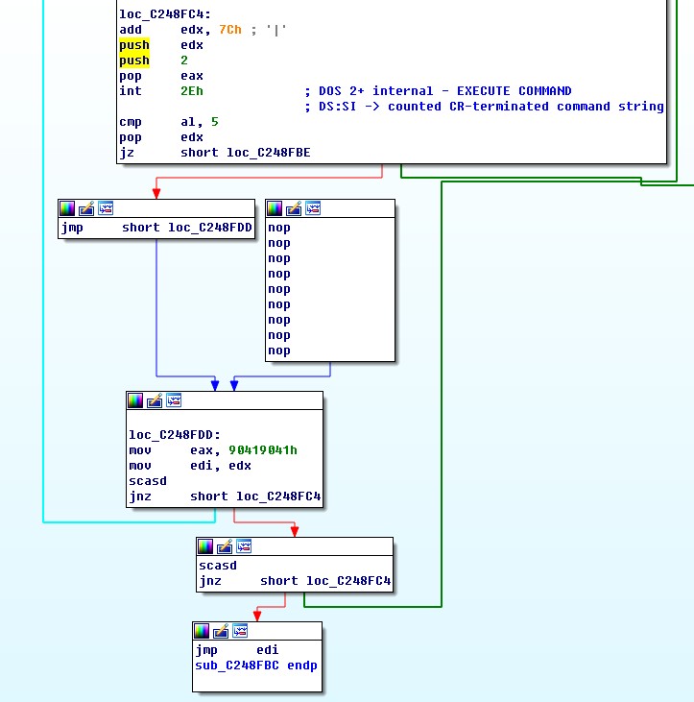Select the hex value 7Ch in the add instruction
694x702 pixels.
(229, 30)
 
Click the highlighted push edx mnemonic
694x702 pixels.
(133, 45)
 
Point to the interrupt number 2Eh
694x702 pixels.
(191, 91)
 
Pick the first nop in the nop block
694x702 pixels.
(279, 228)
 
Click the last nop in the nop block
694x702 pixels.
(279, 351)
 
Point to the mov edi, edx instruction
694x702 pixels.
(190, 465)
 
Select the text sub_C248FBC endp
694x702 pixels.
(256, 666)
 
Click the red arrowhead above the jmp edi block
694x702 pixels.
(255, 615)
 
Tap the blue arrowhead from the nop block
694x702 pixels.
(233, 384)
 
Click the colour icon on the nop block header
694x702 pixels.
(275, 207)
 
